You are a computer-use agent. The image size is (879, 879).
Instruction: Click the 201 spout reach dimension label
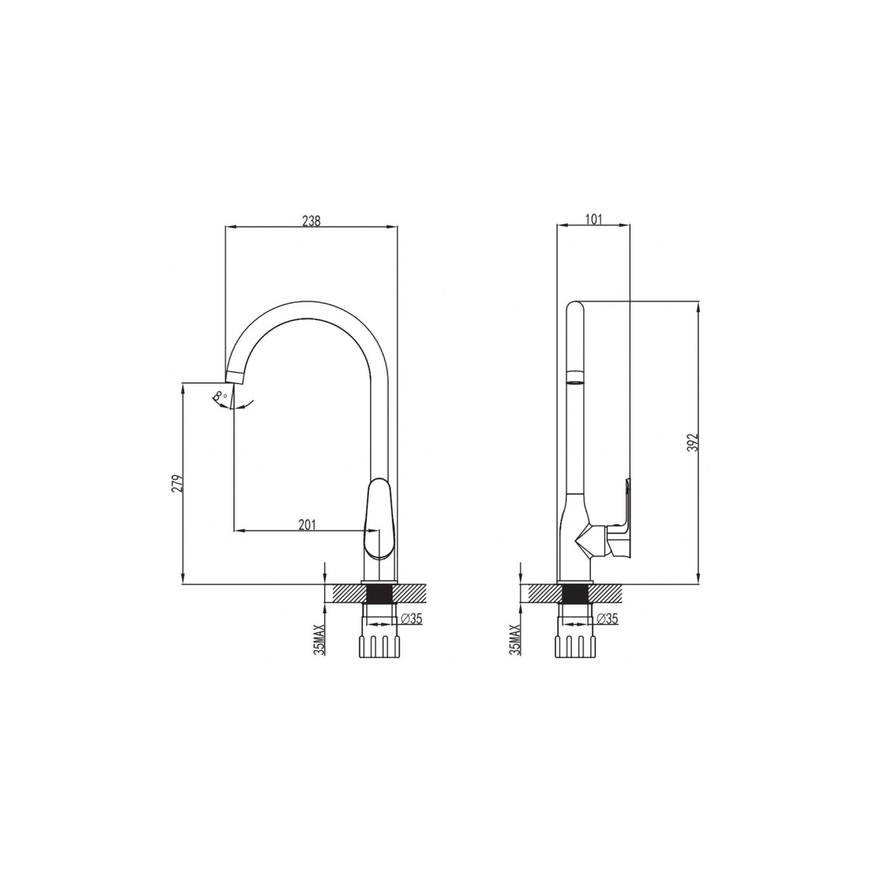tap(308, 525)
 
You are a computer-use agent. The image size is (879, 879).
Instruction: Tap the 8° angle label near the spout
tap(219, 396)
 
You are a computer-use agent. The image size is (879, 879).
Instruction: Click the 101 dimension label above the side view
tap(593, 219)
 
